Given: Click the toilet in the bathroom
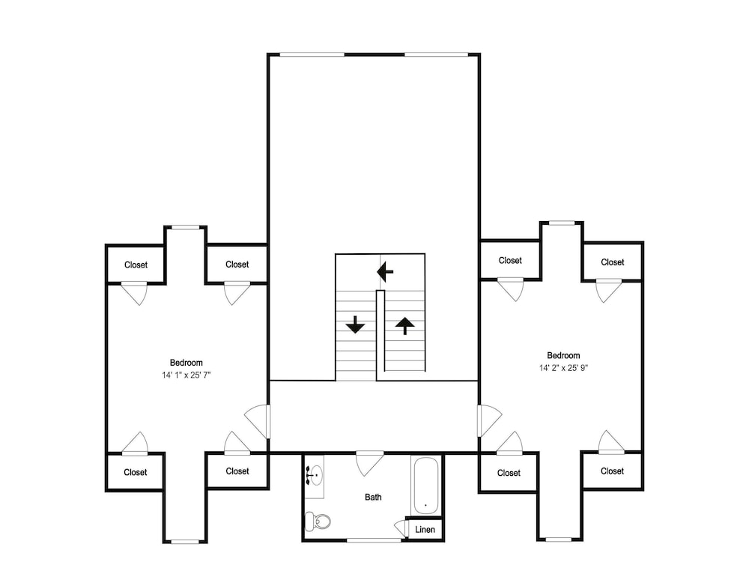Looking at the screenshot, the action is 318,521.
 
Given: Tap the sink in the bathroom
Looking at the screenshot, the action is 315,476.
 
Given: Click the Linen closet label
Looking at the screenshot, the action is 425,530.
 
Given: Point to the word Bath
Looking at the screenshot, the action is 373,497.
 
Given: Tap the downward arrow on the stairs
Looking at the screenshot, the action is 355,325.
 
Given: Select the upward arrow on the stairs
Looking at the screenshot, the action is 405,326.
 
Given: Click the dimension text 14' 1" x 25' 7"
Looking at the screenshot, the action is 187,375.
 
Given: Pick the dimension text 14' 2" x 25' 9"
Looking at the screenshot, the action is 564,368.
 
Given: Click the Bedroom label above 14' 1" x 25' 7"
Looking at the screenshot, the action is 187,363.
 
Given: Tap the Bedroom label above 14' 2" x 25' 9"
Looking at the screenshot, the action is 564,355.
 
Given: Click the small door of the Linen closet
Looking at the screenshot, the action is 400,529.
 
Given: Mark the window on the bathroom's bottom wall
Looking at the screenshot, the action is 374,540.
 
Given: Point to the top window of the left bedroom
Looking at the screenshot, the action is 186,228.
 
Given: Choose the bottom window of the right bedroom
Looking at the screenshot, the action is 559,540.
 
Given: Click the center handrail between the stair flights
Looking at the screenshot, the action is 380,330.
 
